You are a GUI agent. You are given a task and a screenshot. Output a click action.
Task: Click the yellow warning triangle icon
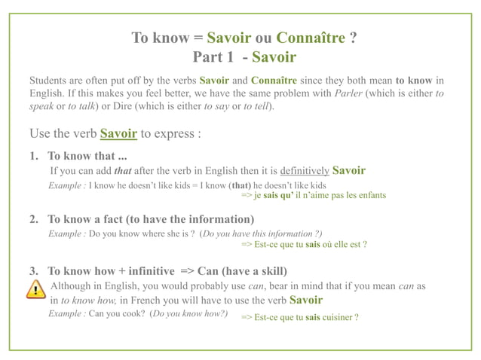tap(35, 290)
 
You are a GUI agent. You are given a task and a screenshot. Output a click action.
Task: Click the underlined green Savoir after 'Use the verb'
tap(118, 135)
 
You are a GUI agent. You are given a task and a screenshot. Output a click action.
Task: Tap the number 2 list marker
tap(34, 219)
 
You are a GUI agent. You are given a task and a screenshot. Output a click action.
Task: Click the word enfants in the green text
tap(369, 195)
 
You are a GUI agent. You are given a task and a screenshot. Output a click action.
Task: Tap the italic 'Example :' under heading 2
tap(67, 233)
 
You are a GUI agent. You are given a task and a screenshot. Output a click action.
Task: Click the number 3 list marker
tap(34, 270)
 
